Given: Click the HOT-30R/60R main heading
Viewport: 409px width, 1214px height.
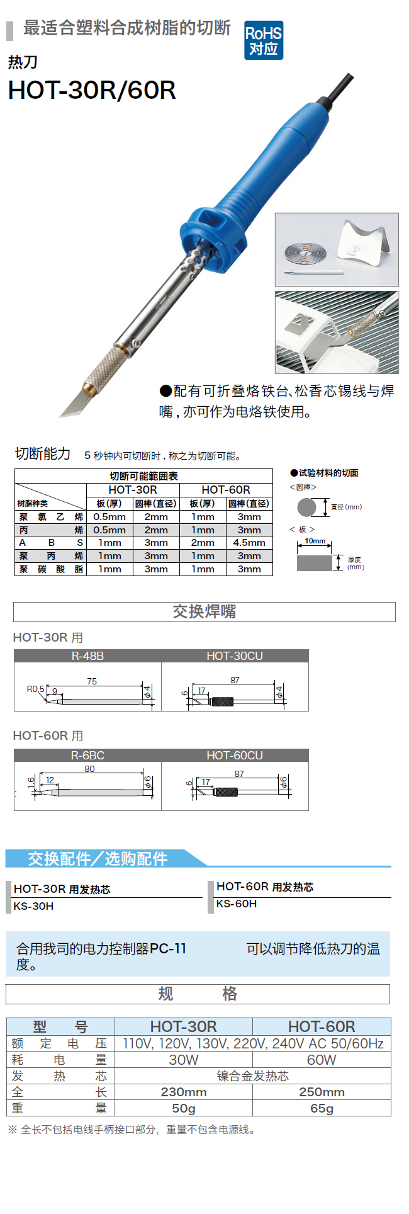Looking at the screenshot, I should (x=92, y=91).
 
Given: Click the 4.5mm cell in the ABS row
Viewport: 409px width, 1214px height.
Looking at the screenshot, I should (x=249, y=543).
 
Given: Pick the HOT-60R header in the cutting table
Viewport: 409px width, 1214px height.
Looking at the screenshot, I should (x=226, y=490).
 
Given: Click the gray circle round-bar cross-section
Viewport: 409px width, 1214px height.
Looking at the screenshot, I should (x=307, y=507).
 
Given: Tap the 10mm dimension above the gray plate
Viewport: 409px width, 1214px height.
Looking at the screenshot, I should (x=315, y=541).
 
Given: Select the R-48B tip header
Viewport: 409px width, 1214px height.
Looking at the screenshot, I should (x=87, y=656).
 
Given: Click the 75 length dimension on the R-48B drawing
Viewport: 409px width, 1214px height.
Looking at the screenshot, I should (x=92, y=681).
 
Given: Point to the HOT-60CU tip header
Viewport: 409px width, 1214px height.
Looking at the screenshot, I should (x=235, y=756).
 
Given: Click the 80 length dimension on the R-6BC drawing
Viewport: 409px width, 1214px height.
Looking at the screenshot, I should (x=89, y=769).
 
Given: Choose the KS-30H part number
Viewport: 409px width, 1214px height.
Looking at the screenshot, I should (x=33, y=906).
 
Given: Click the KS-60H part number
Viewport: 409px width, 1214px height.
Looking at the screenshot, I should (x=237, y=904).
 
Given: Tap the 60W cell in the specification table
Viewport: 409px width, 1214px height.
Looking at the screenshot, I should (x=322, y=1060).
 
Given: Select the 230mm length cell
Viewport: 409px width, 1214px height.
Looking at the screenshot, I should (x=184, y=1092).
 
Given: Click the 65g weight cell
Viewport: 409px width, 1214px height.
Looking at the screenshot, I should (x=322, y=1108).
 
